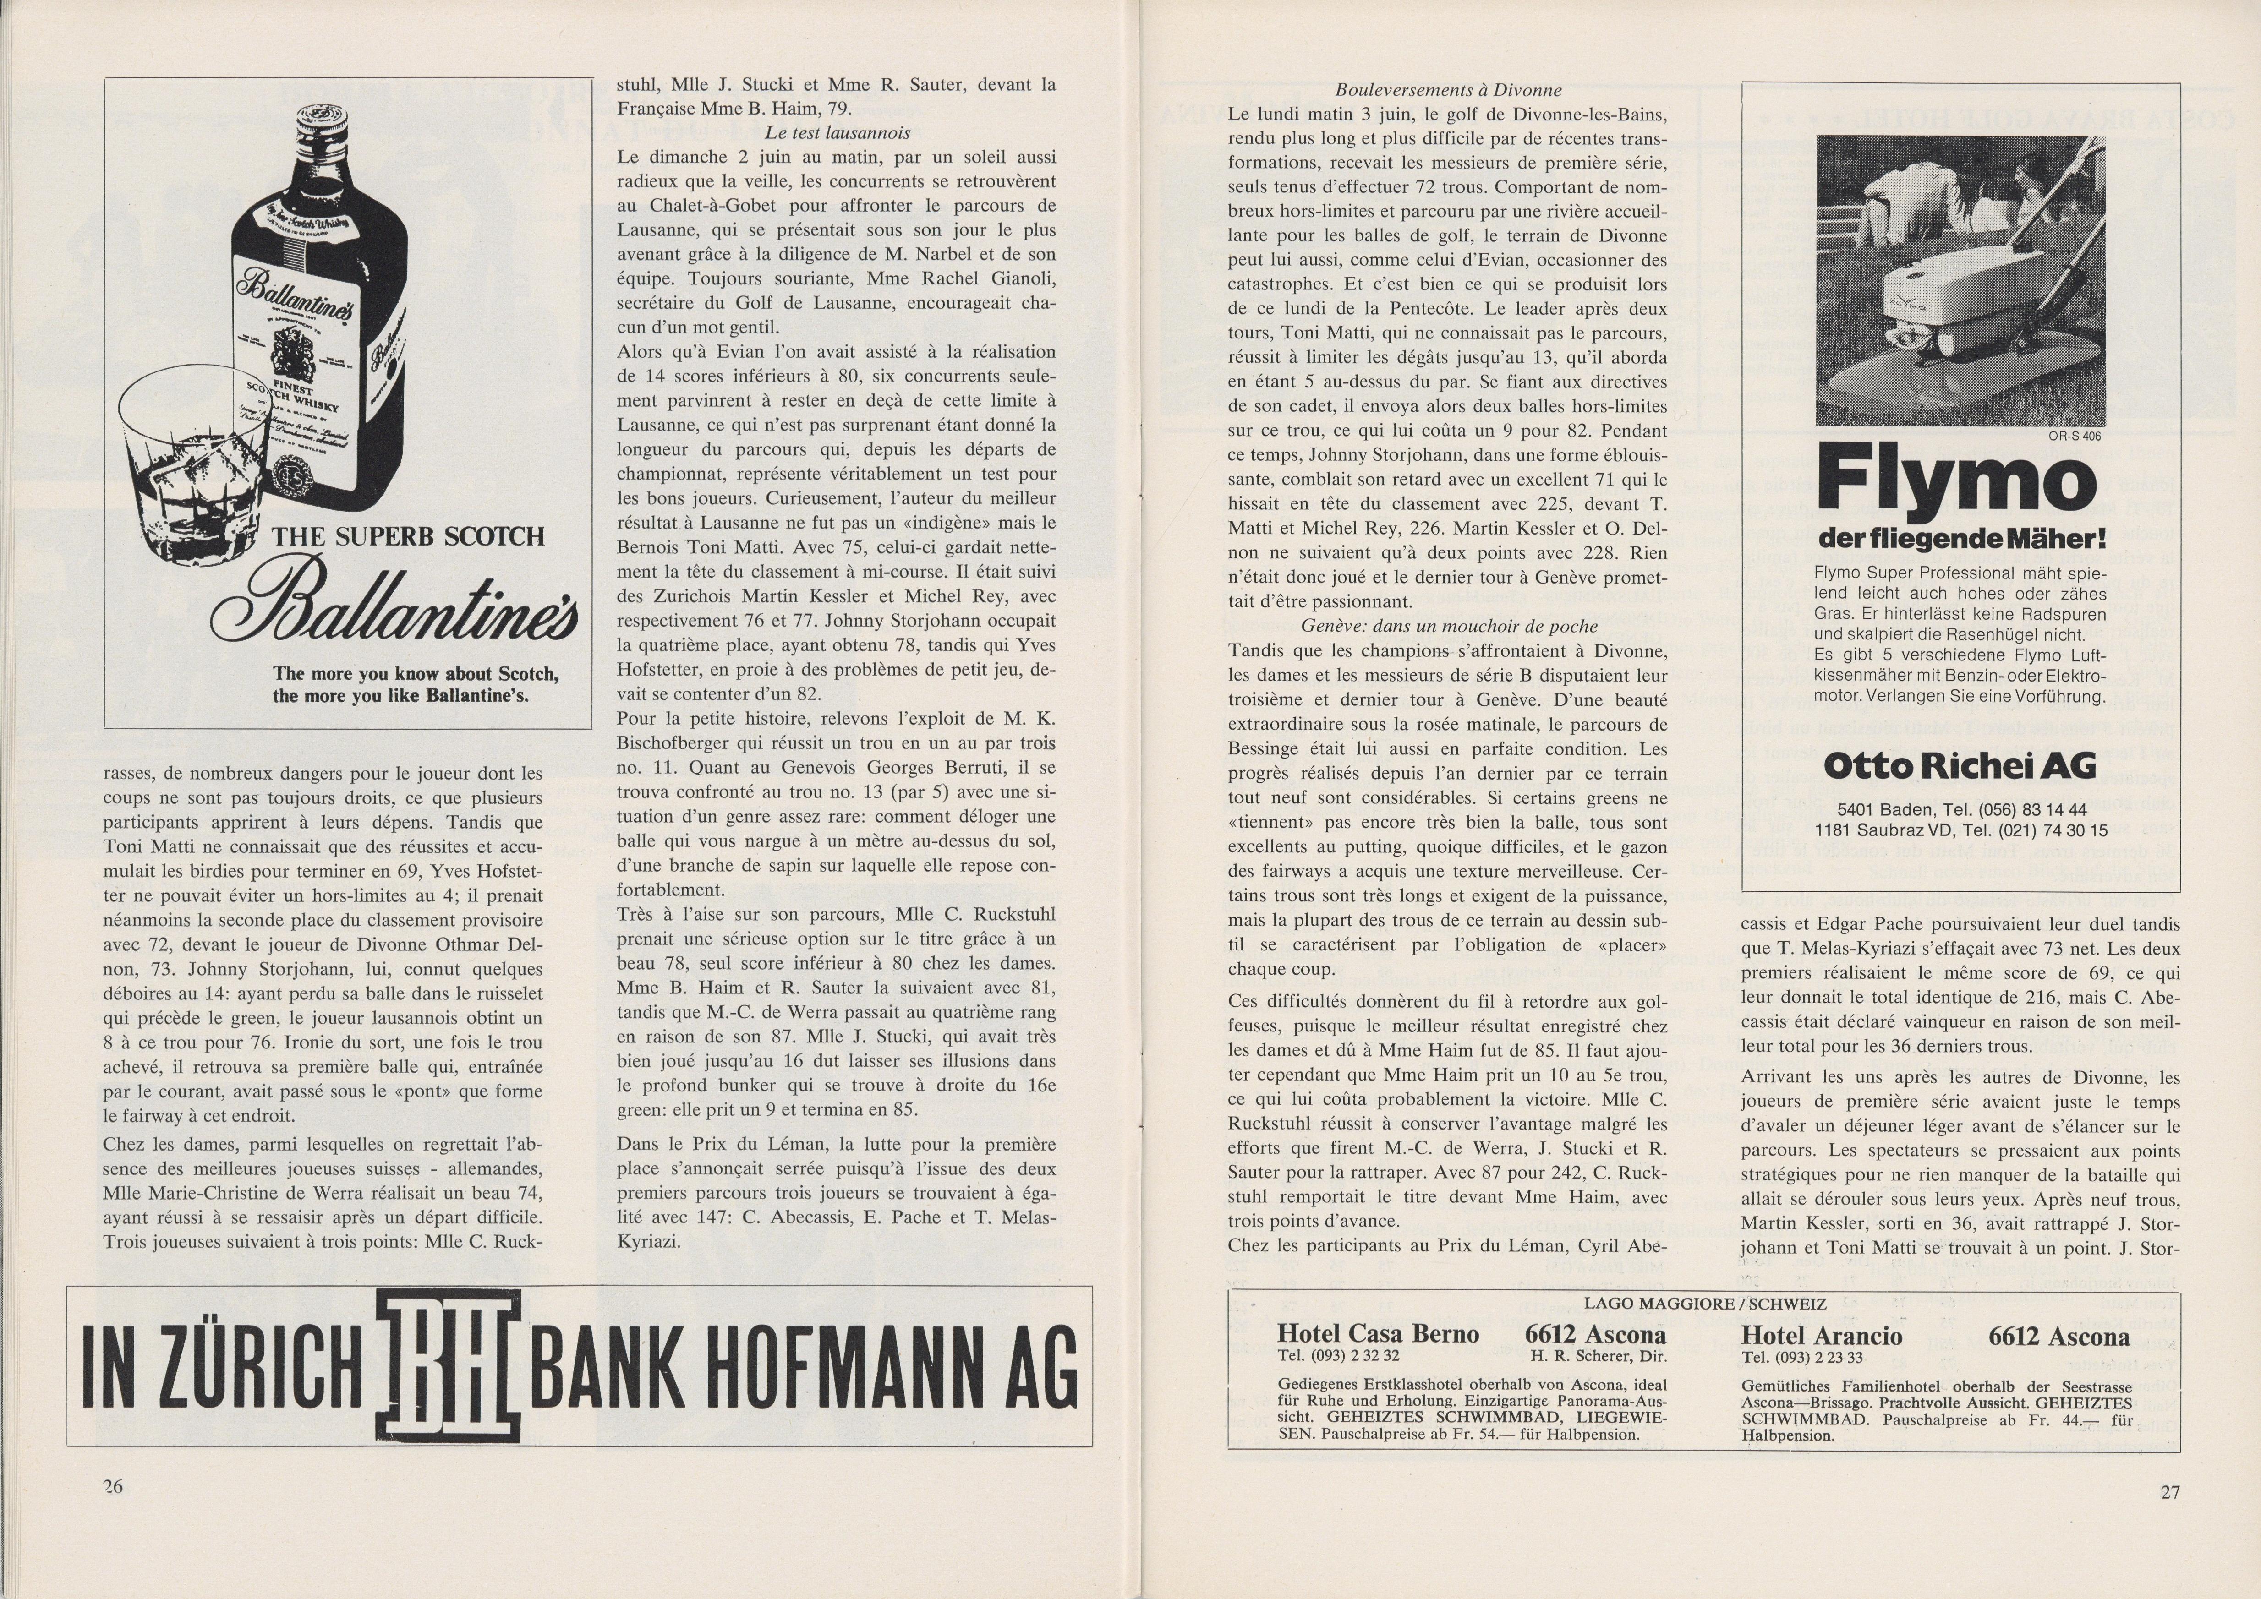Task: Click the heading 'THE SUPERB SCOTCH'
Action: pos(408,537)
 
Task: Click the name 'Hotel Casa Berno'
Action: pos(1378,1334)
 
